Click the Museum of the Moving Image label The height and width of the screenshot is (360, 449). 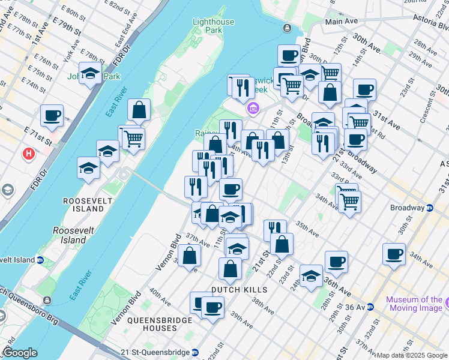click(x=414, y=304)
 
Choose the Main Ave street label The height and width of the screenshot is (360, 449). click(x=341, y=21)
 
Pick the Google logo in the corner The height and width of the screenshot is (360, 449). click(x=20, y=353)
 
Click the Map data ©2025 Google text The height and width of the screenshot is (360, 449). click(x=412, y=355)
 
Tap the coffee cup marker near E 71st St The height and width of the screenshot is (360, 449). click(x=52, y=115)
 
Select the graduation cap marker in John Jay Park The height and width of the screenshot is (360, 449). click(x=91, y=73)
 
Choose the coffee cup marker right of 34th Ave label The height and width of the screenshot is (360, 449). click(x=394, y=254)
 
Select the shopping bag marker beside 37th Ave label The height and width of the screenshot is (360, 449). click(x=190, y=256)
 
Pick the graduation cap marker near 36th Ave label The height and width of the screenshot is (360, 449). click(x=311, y=275)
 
